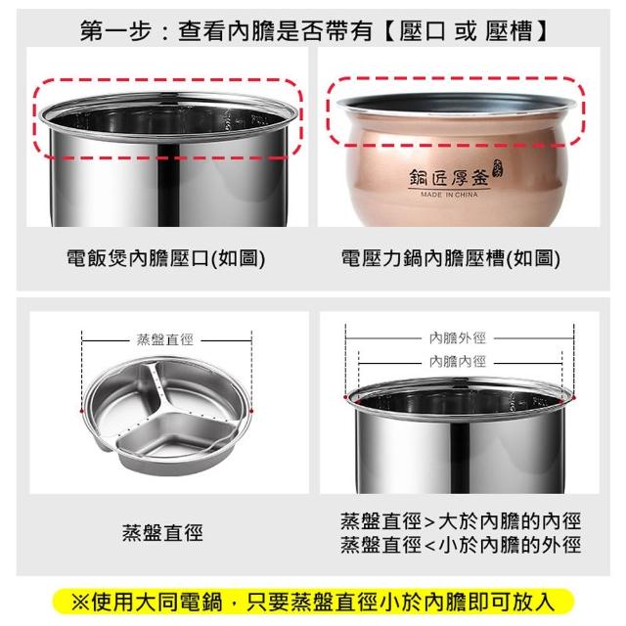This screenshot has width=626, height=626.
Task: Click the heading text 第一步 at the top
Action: [x=115, y=30]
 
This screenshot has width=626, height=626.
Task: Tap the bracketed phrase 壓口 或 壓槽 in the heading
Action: [x=466, y=30]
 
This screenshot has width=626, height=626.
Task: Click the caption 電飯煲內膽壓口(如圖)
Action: [x=165, y=258]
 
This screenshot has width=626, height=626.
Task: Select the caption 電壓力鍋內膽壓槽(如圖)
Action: [x=450, y=258]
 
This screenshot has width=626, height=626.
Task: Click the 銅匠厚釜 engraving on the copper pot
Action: [x=449, y=178]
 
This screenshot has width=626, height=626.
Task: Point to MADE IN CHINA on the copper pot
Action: [x=449, y=195]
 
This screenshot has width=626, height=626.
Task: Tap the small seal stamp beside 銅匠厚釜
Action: [x=498, y=167]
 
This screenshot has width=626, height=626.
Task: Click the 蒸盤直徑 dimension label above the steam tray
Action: [x=165, y=339]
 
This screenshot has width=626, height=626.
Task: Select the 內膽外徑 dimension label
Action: [x=458, y=338]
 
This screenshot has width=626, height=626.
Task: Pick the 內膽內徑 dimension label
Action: [x=458, y=362]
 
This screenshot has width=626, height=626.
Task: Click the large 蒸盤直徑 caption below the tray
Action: [x=162, y=533]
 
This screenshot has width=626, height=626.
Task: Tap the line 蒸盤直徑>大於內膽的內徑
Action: [x=461, y=521]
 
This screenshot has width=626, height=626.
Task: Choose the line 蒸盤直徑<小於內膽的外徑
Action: [x=461, y=545]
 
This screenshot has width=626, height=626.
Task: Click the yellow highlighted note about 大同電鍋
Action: [x=313, y=603]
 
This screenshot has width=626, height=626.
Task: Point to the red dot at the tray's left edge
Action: [x=82, y=411]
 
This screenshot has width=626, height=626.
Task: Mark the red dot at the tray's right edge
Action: [x=252, y=411]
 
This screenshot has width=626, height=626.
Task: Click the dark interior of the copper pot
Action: [x=455, y=103]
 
